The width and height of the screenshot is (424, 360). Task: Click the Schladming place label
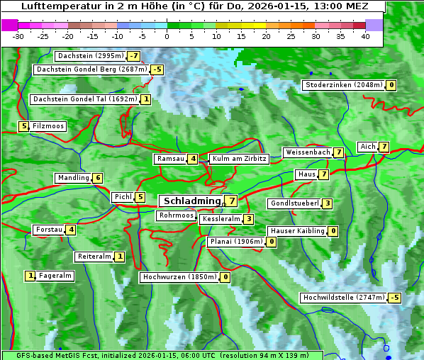point(192,201)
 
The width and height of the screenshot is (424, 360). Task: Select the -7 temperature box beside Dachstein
point(134,56)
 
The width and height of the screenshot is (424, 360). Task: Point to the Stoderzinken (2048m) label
point(343,85)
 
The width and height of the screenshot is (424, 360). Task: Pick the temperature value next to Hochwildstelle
point(394,298)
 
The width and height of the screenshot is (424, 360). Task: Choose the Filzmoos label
point(48,126)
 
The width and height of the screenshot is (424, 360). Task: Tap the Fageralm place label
point(55,276)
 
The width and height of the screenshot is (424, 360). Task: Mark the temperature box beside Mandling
point(98,178)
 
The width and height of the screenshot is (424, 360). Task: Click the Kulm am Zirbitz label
point(240,159)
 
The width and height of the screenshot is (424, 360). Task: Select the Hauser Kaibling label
point(296,231)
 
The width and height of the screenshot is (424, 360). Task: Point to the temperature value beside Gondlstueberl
point(327,204)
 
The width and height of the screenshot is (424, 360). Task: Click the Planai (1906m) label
point(236,242)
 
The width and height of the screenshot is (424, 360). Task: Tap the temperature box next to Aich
point(384,147)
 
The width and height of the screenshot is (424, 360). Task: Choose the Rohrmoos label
point(176,215)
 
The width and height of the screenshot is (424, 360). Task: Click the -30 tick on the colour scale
point(18,36)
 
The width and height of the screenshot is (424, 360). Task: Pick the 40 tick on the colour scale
point(365,36)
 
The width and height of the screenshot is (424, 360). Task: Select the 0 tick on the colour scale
point(167,36)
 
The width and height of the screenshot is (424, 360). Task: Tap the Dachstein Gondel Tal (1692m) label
point(85,99)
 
